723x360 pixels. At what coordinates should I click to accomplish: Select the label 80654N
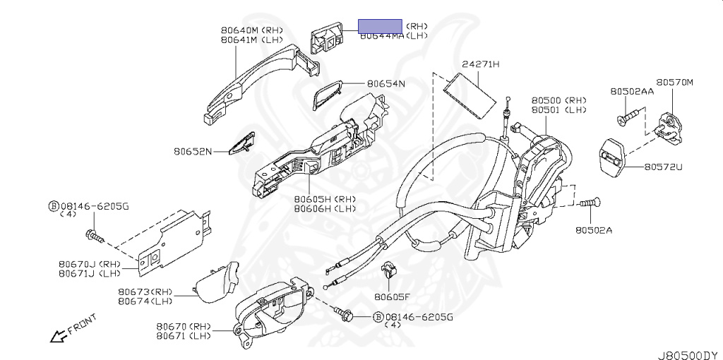[x=386, y=83]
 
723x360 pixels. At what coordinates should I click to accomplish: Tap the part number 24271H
[x=480, y=64]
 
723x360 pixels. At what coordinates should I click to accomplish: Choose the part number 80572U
[x=663, y=167]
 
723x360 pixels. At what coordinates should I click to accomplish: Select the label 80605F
[x=393, y=296]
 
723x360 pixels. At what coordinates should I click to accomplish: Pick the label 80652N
[x=193, y=150]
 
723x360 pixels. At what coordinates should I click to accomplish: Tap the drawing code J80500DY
[x=688, y=353]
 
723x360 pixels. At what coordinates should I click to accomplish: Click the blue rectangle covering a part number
[x=380, y=26]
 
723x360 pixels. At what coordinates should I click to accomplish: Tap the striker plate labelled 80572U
[x=612, y=157]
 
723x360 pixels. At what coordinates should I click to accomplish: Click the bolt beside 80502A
[x=590, y=204]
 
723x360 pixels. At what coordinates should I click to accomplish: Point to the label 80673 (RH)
[x=145, y=291]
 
